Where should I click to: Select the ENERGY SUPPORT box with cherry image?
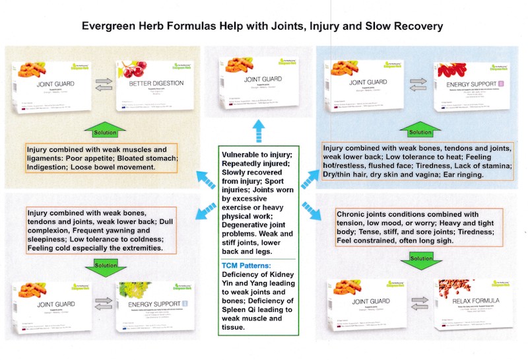(x=465, y=87)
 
